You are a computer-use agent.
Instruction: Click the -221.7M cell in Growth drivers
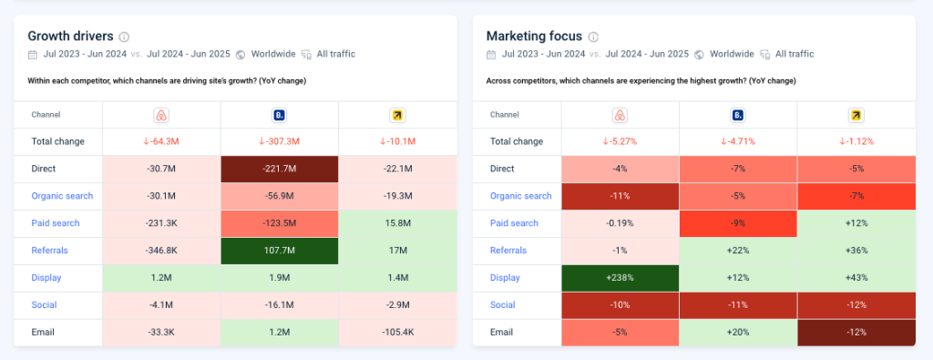(x=279, y=169)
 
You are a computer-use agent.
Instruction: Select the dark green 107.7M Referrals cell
(x=279, y=251)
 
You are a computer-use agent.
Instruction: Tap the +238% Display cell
(x=620, y=278)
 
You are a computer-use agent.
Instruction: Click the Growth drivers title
(x=70, y=36)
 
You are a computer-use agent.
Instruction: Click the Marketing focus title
(x=533, y=36)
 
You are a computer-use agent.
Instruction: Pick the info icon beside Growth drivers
(x=125, y=37)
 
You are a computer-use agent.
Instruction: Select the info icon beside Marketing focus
(x=593, y=37)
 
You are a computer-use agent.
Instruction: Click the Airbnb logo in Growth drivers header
(x=161, y=115)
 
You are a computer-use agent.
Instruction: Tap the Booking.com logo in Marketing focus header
(x=738, y=115)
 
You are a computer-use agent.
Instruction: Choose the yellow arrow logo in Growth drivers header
(x=397, y=115)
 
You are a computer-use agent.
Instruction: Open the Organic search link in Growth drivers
(x=62, y=196)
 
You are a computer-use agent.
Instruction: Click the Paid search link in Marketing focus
(x=515, y=223)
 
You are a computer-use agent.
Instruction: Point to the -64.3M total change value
(x=161, y=141)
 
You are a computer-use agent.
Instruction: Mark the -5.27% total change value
(x=620, y=141)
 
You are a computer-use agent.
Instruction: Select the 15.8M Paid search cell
(x=397, y=223)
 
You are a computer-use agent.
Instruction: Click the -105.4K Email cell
(x=397, y=333)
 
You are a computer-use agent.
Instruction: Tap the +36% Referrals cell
(x=856, y=251)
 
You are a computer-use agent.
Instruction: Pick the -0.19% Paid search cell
(x=620, y=223)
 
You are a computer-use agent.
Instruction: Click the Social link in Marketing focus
(x=503, y=305)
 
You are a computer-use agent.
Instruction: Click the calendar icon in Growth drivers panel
(x=34, y=55)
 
